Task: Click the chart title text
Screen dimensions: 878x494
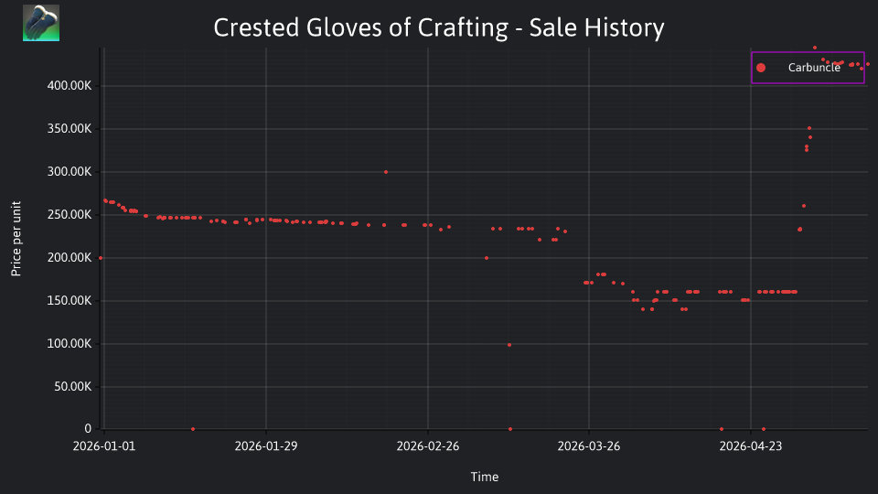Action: pos(439,28)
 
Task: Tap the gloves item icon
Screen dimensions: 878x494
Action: pos(41,23)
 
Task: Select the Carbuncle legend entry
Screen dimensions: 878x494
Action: pos(808,68)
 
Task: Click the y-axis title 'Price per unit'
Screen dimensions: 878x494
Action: pos(16,239)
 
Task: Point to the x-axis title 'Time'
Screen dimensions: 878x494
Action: pos(485,477)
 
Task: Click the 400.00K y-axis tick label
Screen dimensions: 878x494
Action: pos(70,86)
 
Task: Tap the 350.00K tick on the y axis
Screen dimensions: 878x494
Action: pos(70,129)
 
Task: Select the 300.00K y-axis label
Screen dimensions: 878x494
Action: pos(70,172)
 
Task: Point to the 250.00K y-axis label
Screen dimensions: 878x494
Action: pos(70,214)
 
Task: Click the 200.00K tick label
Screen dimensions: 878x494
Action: pos(70,258)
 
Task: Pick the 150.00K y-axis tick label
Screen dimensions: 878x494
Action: pos(70,301)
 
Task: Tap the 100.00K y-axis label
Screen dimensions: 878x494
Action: pos(70,343)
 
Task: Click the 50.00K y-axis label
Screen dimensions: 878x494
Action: pos(73,386)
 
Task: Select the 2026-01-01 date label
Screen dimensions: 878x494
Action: pos(104,446)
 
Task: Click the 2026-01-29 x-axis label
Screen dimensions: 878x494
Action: pos(266,446)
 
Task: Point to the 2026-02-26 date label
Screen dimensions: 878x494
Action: pos(428,446)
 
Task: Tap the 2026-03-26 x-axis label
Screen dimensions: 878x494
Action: pos(589,446)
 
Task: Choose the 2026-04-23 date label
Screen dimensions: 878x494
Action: pos(751,446)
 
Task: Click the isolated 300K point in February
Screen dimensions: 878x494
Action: pos(386,172)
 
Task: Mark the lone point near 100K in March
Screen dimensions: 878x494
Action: pos(509,345)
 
